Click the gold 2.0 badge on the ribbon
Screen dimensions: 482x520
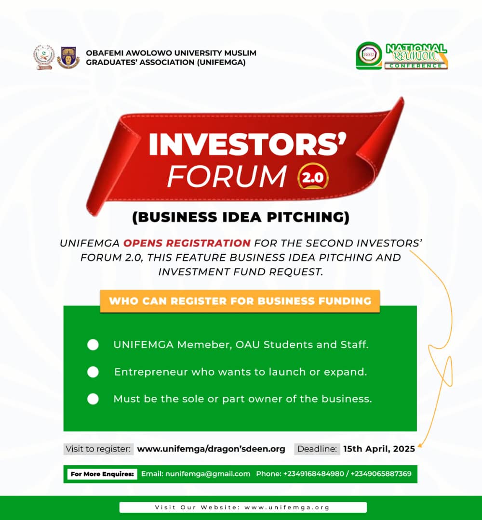(x=313, y=176)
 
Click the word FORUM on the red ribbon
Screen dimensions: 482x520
(x=227, y=176)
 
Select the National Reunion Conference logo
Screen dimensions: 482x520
(x=402, y=56)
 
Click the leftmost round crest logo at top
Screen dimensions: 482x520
(x=44, y=57)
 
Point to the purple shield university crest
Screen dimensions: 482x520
(x=68, y=57)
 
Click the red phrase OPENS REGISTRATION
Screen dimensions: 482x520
(x=187, y=243)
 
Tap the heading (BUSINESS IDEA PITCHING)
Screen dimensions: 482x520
(x=241, y=217)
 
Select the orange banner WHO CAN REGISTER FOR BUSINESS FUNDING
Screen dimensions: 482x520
(x=240, y=301)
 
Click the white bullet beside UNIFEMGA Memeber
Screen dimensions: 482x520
(x=93, y=345)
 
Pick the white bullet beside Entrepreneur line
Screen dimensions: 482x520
(x=93, y=372)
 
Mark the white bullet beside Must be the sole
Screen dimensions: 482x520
(x=93, y=399)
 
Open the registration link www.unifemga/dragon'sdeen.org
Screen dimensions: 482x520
(x=211, y=449)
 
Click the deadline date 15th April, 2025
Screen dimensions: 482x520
(x=379, y=449)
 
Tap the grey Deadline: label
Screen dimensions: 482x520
(x=317, y=449)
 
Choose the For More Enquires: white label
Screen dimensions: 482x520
(x=102, y=474)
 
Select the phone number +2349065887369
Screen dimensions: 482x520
(x=381, y=474)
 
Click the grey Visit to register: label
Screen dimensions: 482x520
(x=98, y=449)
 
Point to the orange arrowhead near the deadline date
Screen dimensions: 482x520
(x=420, y=445)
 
